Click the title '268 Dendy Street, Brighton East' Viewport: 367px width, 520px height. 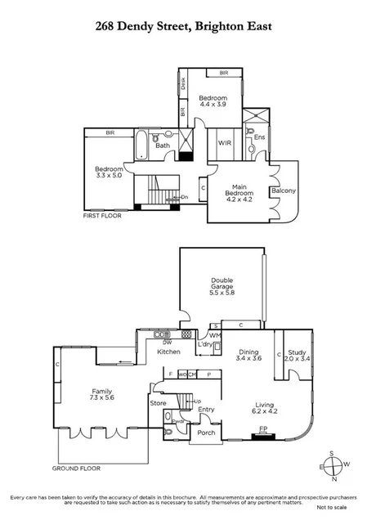click(183, 26)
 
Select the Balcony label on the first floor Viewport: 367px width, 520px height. click(284, 191)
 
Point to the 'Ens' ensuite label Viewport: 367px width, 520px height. click(259, 137)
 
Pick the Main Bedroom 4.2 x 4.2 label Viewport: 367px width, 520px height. click(239, 192)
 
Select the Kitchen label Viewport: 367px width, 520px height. click(168, 352)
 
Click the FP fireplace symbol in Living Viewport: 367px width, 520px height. click(263, 428)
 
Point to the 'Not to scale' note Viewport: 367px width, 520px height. click(340, 507)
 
